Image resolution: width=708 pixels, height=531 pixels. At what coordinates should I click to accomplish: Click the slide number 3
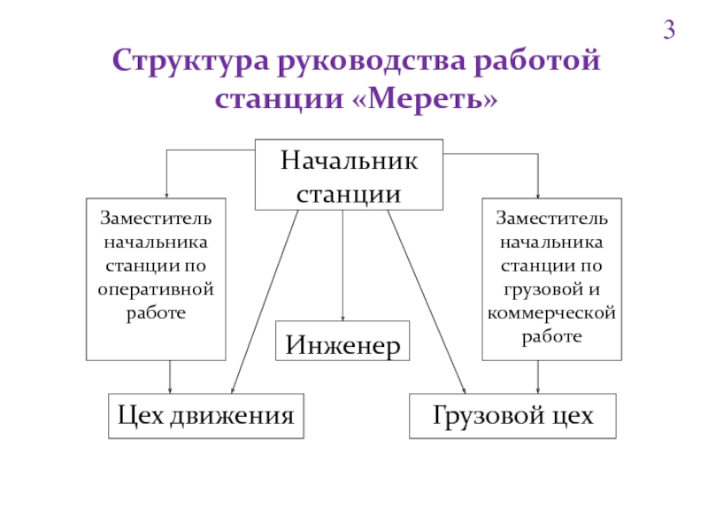(669, 30)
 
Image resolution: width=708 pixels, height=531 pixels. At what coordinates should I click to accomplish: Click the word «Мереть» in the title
(424, 98)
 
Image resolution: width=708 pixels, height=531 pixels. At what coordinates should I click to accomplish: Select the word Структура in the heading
(190, 61)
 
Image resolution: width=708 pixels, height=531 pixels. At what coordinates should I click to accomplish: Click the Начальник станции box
(349, 174)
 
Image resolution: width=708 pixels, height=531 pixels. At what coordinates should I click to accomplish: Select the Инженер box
(342, 341)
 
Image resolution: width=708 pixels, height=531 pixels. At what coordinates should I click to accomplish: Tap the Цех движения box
(206, 416)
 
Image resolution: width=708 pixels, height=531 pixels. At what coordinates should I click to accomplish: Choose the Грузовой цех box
(512, 416)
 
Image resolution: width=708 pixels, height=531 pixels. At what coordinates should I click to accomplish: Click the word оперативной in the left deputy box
(156, 290)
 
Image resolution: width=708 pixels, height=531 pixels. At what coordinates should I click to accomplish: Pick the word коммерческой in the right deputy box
(551, 313)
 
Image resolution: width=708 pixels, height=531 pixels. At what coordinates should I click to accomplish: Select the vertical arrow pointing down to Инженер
(342, 265)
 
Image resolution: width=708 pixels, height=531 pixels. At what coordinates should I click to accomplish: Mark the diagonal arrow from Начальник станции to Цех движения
(265, 302)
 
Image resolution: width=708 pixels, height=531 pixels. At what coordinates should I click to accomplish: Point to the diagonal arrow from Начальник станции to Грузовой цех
(427, 302)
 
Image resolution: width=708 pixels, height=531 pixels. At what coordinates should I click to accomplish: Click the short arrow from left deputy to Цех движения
(170, 377)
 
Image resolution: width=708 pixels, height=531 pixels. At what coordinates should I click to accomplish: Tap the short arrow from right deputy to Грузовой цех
(538, 377)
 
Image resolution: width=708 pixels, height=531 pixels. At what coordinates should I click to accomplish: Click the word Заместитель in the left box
(156, 218)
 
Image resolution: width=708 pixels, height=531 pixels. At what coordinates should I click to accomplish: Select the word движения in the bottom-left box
(232, 416)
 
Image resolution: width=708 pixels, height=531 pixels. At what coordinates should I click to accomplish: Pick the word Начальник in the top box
(349, 160)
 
